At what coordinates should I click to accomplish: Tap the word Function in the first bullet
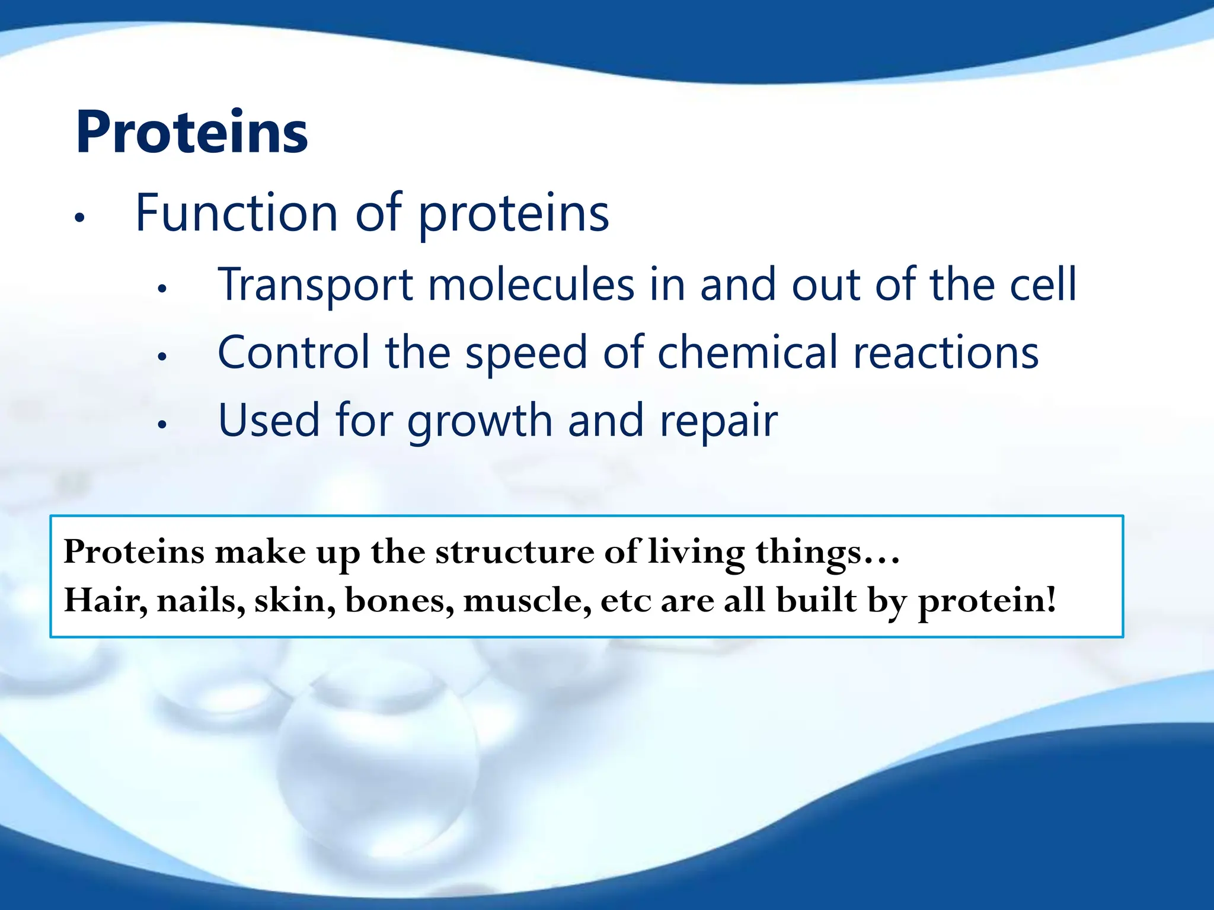point(237,213)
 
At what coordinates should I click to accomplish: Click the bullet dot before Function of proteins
point(80,218)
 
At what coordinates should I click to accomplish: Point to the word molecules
point(531,285)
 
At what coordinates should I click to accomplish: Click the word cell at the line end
point(1043,285)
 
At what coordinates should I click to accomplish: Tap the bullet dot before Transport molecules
point(162,289)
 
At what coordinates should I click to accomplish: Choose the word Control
point(293,353)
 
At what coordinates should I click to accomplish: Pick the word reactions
point(945,353)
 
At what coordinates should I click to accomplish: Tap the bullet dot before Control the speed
point(162,357)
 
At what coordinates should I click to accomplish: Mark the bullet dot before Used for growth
point(162,424)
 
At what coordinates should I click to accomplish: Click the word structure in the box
point(514,553)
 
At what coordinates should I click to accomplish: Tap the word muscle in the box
point(527,600)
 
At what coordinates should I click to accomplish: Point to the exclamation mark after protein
point(1051,599)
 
